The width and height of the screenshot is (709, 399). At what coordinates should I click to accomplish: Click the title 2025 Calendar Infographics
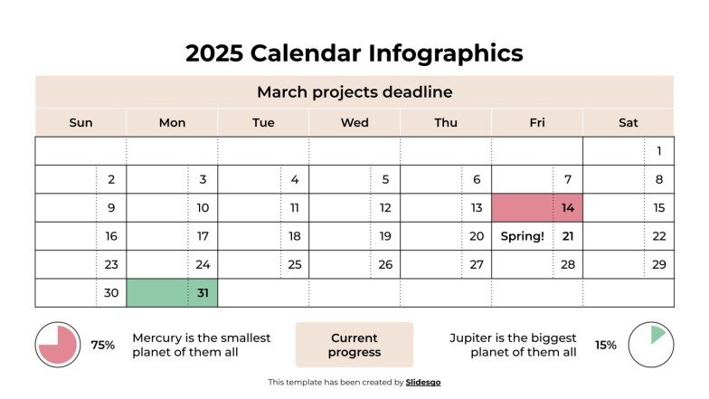[354, 52]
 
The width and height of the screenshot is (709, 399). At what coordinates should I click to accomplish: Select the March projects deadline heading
[354, 92]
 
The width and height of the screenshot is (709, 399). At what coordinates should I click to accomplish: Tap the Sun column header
[80, 123]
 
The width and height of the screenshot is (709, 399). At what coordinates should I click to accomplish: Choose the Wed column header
[354, 123]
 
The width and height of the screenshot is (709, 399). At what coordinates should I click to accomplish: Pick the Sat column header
[628, 123]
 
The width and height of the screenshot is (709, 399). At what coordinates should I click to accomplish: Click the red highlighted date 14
[567, 208]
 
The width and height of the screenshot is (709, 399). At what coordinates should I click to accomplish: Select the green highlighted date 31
[202, 293]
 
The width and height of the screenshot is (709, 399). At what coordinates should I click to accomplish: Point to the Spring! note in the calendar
[522, 236]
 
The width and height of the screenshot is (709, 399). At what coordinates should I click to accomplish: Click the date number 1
[659, 151]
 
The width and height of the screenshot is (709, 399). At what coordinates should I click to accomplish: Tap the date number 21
[568, 236]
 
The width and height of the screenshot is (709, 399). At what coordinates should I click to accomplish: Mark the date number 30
[111, 293]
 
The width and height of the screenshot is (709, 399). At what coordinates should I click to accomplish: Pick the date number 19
[385, 236]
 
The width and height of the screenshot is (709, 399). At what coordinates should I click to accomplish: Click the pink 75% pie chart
[58, 345]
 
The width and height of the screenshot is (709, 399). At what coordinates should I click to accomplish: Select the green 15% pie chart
[650, 345]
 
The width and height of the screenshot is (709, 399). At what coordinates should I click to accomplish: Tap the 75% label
[102, 345]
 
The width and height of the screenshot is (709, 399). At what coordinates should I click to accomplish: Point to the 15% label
[605, 345]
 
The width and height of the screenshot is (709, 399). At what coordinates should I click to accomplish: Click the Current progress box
[354, 345]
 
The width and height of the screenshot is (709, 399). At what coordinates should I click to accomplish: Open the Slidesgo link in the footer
[422, 383]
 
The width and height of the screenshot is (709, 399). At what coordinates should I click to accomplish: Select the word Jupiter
[474, 337]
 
